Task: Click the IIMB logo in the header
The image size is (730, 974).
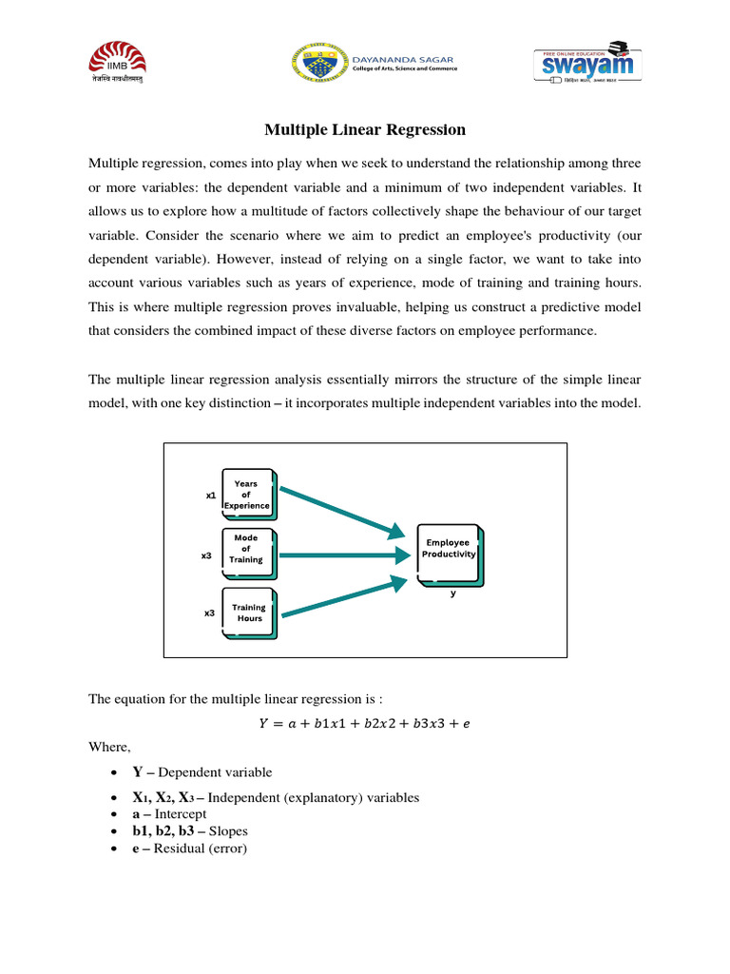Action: [x=118, y=68]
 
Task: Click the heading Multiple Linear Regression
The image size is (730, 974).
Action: [x=365, y=129]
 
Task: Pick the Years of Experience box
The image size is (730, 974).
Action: [x=247, y=495]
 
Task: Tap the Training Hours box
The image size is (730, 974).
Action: [x=248, y=613]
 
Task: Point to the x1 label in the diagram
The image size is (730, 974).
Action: [x=210, y=496]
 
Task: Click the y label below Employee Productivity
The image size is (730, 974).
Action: [x=453, y=593]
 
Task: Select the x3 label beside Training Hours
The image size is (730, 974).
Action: [x=209, y=614]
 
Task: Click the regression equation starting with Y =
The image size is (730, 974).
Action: [x=365, y=724]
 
